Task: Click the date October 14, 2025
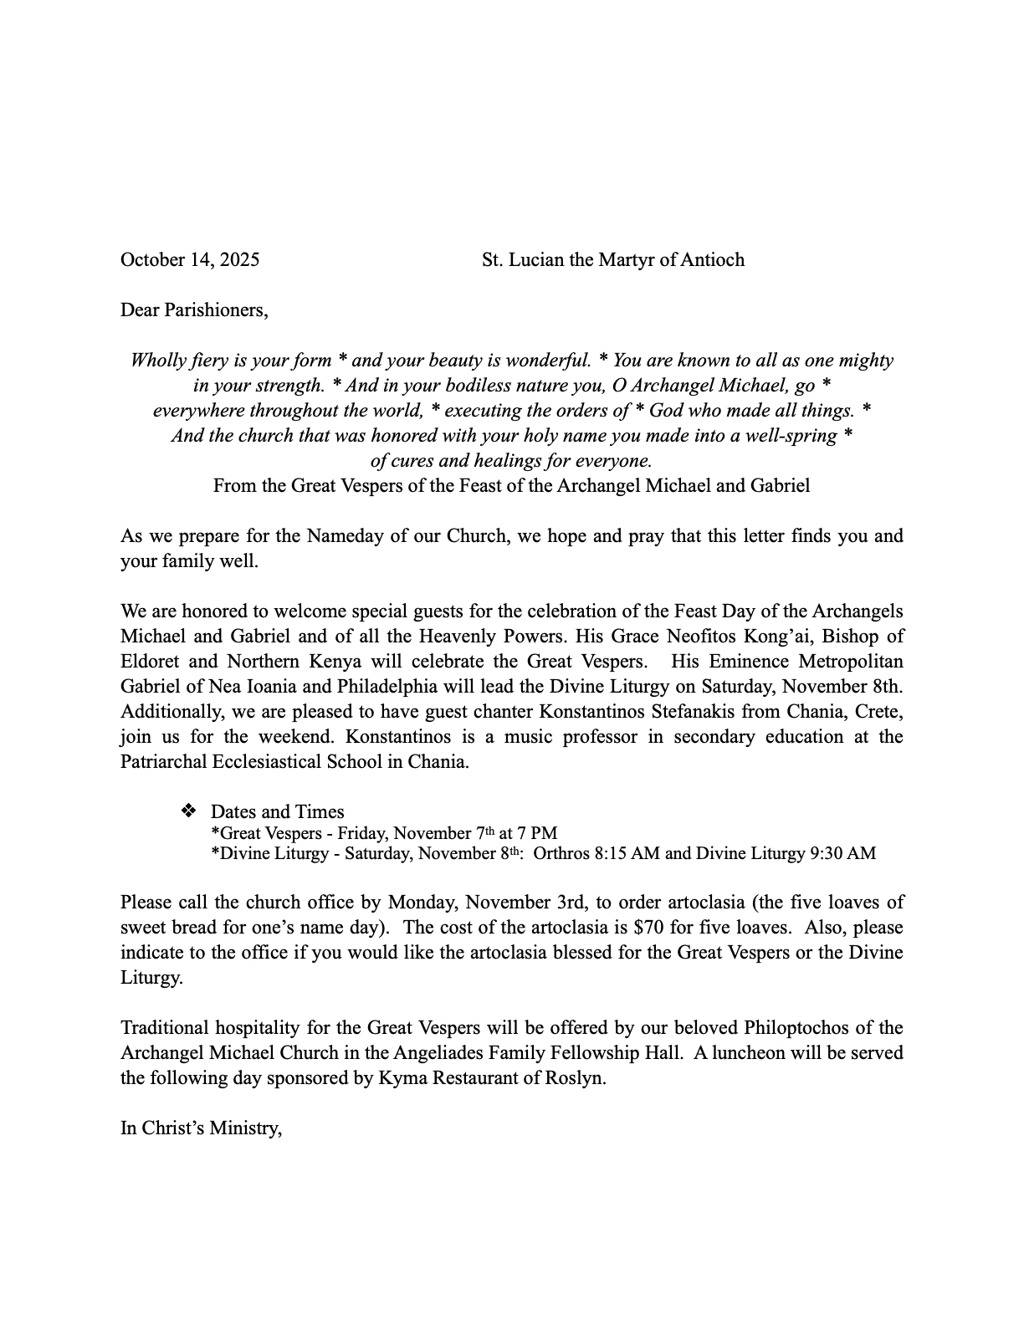(190, 259)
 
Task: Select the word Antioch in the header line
(712, 259)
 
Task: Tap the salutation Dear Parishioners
(194, 310)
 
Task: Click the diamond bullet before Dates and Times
(188, 811)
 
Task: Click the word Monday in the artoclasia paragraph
(423, 903)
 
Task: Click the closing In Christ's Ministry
(201, 1128)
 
